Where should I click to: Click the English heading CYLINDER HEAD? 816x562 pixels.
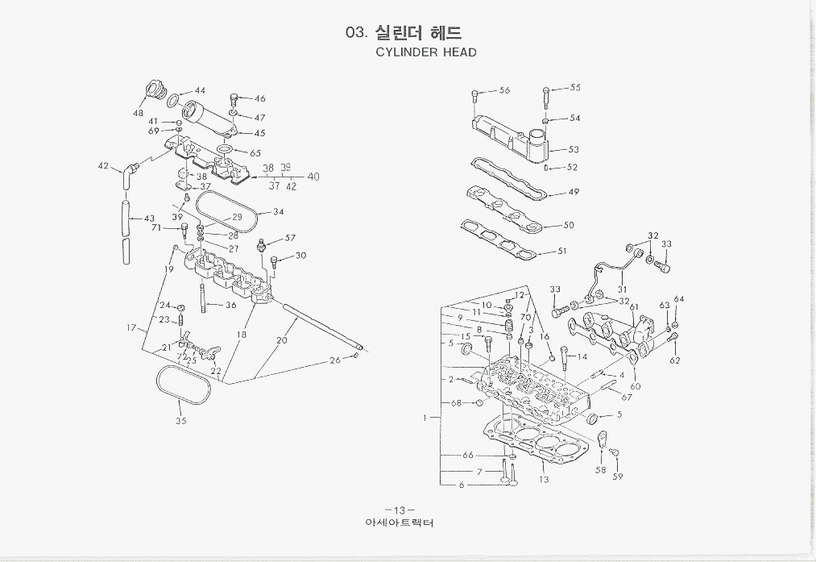click(426, 52)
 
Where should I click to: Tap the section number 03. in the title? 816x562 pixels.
click(356, 33)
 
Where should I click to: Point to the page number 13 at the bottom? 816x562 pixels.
click(399, 510)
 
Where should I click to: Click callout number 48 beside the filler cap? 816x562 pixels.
click(139, 113)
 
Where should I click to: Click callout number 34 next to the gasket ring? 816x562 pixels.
click(278, 212)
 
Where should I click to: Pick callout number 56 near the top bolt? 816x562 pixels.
click(504, 90)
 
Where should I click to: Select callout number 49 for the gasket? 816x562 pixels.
click(574, 192)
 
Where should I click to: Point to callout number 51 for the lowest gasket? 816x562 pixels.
click(562, 252)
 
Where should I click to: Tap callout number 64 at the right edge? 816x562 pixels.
click(679, 299)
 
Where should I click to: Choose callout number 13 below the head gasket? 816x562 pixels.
click(545, 480)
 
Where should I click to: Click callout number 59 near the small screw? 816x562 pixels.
click(618, 477)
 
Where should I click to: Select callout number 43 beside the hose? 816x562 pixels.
click(149, 219)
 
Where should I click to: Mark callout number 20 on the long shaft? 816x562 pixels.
click(281, 340)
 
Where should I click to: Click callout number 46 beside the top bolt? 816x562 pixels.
click(260, 98)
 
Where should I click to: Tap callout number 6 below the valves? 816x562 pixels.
click(462, 485)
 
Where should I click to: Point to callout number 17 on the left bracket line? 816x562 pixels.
click(131, 327)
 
